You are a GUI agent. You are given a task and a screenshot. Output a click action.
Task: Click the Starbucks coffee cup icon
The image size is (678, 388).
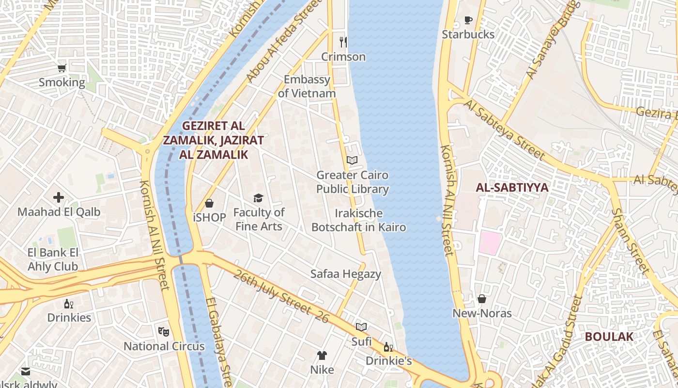pyautogui.click(x=468, y=20)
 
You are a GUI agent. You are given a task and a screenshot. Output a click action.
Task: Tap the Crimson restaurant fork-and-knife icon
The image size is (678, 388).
pyautogui.click(x=343, y=42)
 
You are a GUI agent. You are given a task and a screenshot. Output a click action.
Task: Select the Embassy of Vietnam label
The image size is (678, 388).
pyautogui.click(x=307, y=86)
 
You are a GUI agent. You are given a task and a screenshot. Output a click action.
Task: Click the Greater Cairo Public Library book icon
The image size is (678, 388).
pyautogui.click(x=352, y=160)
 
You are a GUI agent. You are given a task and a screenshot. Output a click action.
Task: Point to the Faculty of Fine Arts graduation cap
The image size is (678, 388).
pyautogui.click(x=258, y=198)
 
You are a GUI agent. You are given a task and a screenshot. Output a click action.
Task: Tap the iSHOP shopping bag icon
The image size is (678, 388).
pyautogui.click(x=209, y=203)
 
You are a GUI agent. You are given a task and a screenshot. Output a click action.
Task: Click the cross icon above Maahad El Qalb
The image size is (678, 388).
pyautogui.click(x=59, y=197)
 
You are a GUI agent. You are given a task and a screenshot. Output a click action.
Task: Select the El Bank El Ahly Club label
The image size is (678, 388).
pyautogui.click(x=53, y=259)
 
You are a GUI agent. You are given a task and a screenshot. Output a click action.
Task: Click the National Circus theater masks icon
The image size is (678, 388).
pyautogui.click(x=164, y=332)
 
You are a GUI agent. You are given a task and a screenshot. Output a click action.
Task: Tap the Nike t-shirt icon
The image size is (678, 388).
pyautogui.click(x=322, y=356)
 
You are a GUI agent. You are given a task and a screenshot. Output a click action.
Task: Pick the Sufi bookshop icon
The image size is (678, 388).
pyautogui.click(x=361, y=327)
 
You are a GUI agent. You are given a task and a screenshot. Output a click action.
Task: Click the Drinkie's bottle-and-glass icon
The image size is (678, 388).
pyautogui.click(x=388, y=347)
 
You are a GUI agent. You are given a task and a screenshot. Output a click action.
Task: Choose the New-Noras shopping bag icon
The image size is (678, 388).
pyautogui.click(x=482, y=299)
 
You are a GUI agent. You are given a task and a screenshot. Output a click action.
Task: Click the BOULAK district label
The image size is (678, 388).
pyautogui.click(x=609, y=337)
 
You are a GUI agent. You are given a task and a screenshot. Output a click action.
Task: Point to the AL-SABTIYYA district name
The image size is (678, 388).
pyautogui.click(x=512, y=188)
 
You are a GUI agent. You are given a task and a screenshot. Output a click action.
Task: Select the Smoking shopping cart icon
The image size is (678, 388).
pyautogui.click(x=62, y=68)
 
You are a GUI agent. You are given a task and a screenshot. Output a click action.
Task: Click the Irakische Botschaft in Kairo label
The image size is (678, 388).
pyautogui.click(x=358, y=220)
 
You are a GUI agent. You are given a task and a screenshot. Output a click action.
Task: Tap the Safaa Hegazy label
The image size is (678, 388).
pyautogui.click(x=346, y=274)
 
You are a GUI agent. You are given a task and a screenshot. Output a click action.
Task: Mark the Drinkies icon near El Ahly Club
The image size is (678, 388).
pyautogui.click(x=69, y=304)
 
